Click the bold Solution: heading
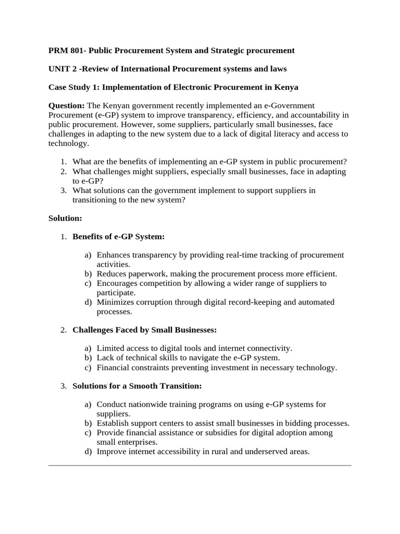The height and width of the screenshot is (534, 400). click(x=65, y=218)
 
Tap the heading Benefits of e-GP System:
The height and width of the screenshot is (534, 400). click(x=118, y=237)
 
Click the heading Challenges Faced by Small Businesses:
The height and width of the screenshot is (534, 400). click(x=144, y=330)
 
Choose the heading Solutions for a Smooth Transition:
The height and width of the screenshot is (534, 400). click(x=136, y=386)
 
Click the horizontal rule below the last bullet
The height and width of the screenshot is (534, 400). click(x=199, y=465)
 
